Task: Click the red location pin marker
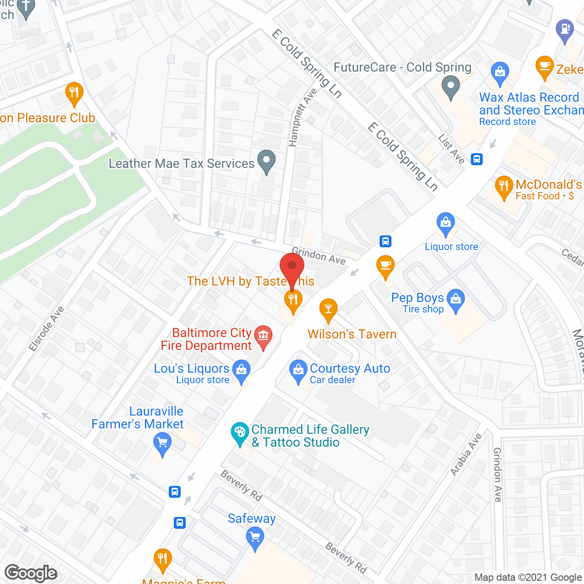(x=292, y=267)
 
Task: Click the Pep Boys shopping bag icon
(x=455, y=299)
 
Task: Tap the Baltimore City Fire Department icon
(x=263, y=336)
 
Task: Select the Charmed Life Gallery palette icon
(x=240, y=433)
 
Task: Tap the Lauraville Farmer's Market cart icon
(x=162, y=442)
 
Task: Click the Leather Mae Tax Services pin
(x=266, y=161)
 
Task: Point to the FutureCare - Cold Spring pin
(x=451, y=86)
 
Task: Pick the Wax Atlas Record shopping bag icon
(x=500, y=72)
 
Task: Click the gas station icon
(x=565, y=29)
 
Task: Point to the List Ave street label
(x=451, y=149)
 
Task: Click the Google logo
(x=31, y=573)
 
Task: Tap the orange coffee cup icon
(x=386, y=266)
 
